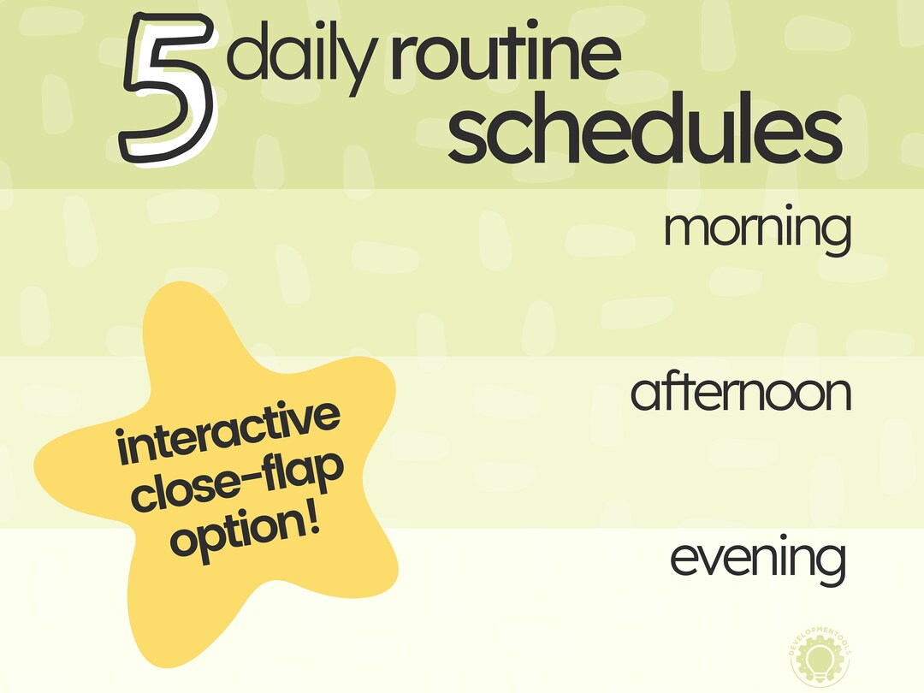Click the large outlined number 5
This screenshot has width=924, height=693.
[x=169, y=90]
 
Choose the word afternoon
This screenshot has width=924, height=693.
[x=741, y=393]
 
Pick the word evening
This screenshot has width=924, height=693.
[x=757, y=558]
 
